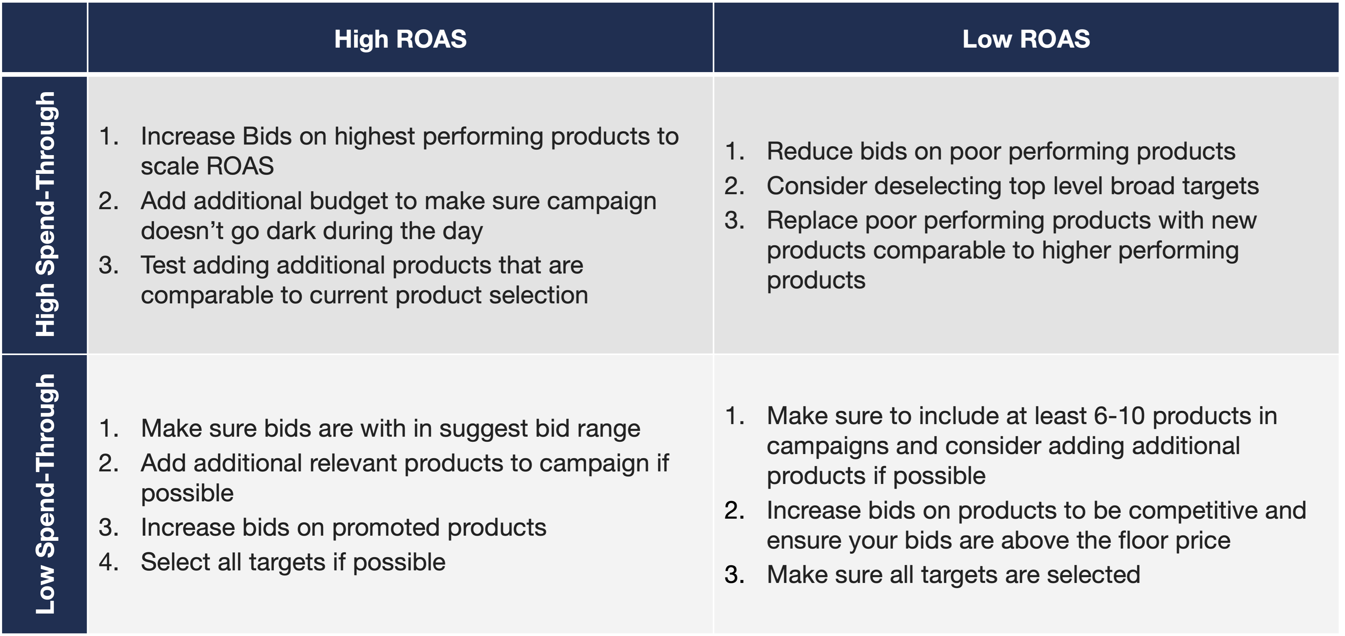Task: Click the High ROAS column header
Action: (x=401, y=39)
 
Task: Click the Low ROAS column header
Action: (x=1026, y=39)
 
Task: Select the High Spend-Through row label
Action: (x=46, y=214)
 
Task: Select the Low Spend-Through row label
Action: (x=46, y=494)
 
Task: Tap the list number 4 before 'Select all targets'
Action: (x=108, y=563)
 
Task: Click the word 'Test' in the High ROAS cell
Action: (x=163, y=265)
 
